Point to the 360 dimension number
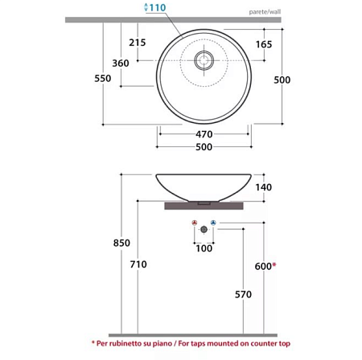click(x=121, y=63)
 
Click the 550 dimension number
click(x=103, y=79)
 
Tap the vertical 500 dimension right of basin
click(x=282, y=80)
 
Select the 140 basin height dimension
click(x=263, y=187)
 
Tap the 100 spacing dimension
click(x=204, y=249)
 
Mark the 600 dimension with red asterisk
click(x=265, y=265)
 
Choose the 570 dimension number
click(x=244, y=294)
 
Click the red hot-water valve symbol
click(x=194, y=223)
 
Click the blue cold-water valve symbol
click(x=213, y=223)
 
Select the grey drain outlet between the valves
click(x=204, y=230)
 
